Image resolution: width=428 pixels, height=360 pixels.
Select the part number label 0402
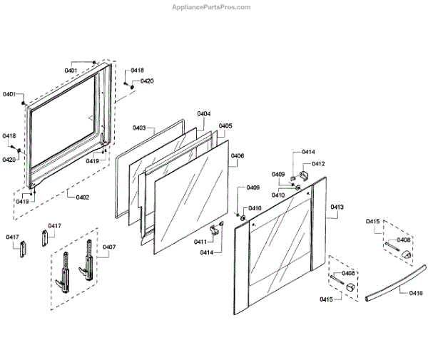tap(82, 197)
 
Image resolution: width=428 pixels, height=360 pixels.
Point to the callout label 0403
tap(140, 128)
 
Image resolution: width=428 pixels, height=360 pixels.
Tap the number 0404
tap(204, 114)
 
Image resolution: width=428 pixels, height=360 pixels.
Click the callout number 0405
tap(225, 126)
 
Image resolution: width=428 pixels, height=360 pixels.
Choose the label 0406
tap(238, 156)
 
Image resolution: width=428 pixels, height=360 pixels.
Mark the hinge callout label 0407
tap(109, 247)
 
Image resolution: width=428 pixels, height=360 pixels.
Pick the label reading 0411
tap(200, 242)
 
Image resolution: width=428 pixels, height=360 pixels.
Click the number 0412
tap(317, 164)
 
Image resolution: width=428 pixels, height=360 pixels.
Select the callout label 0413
tap(337, 207)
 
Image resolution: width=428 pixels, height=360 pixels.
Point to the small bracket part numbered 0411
tap(215, 230)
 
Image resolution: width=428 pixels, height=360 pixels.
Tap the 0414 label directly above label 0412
tap(308, 153)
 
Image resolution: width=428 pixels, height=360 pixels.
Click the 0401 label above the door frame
tap(71, 71)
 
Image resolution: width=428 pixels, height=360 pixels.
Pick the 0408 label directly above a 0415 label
tap(348, 273)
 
